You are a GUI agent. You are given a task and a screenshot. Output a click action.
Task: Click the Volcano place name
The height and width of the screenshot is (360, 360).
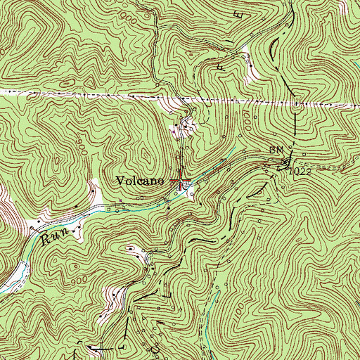coord(141,181)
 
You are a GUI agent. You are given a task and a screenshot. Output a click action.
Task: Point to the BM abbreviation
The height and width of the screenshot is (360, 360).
coord(275,150)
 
